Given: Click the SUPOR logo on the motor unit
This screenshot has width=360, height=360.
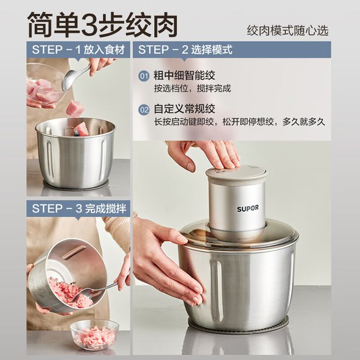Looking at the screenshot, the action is point(244,208).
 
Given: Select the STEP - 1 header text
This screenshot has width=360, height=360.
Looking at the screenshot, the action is point(78,50).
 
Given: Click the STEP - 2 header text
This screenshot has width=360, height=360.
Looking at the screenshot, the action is point(185,50).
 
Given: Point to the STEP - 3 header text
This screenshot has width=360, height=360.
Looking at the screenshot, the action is point(79,208).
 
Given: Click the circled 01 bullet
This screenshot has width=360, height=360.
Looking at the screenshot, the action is point(144,76).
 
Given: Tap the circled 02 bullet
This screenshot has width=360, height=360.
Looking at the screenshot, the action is point(144,110).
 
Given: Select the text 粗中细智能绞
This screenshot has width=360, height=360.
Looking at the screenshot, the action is point(184,76).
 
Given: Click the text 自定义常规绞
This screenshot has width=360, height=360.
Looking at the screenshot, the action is point(184,109).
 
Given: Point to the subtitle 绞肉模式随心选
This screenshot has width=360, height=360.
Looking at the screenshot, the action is point(287,31).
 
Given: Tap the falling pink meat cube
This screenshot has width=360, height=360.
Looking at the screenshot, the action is point(75,108).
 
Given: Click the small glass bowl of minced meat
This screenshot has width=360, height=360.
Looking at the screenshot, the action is point(95,335).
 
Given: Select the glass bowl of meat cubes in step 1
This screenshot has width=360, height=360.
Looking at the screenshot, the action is point(45,84).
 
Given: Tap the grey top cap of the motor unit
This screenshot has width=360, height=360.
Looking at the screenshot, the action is point(236,174).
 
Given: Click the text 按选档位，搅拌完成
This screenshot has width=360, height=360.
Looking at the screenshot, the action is point(192,89).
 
